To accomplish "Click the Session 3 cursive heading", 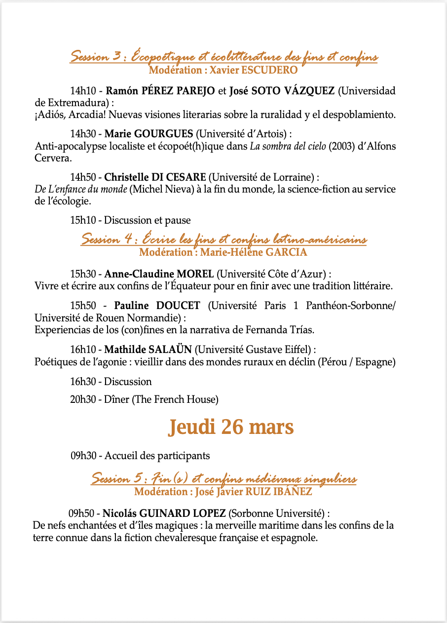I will [x=223, y=56].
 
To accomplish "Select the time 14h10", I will [x=83, y=91].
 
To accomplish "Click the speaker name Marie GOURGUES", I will [x=149, y=134].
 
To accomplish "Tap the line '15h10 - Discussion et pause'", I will [x=130, y=220].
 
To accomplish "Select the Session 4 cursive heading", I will [x=223, y=240].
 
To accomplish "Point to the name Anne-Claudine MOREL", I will [x=159, y=274].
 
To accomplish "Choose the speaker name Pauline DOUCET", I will [x=157, y=306].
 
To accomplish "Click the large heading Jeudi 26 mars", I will [x=231, y=427].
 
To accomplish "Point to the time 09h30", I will [x=82, y=456].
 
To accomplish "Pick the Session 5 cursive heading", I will [x=223, y=479].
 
